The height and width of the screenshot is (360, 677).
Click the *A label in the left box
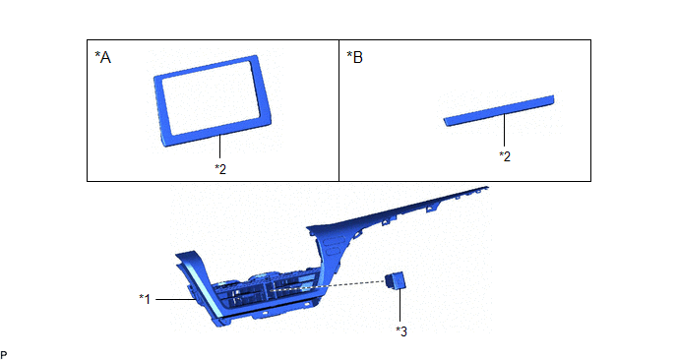point(102,57)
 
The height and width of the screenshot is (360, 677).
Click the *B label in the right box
point(355,57)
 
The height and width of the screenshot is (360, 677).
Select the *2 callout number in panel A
point(220,169)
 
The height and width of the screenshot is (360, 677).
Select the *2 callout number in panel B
point(505,156)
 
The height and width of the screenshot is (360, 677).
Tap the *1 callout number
point(145,299)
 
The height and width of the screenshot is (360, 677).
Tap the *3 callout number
point(401,331)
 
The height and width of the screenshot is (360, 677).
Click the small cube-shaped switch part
point(396,280)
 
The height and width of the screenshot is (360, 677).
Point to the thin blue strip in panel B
point(499,110)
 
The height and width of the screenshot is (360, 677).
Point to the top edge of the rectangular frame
point(207,66)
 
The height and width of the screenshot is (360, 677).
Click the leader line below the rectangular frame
point(220,147)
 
